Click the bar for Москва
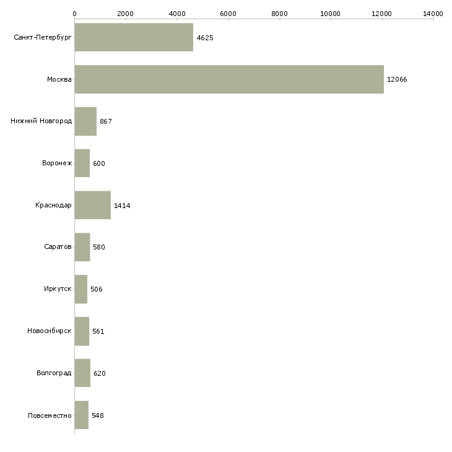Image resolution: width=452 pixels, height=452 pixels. click(229, 79)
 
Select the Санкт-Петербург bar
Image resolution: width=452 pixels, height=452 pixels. click(134, 37)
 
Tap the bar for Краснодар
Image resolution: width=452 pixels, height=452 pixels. click(92, 205)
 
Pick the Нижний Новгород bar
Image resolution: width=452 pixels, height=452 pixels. click(85, 121)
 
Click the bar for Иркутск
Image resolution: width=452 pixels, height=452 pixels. click(81, 289)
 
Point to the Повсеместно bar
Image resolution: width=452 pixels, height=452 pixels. click(82, 415)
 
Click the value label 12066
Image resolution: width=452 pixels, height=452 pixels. click(397, 79)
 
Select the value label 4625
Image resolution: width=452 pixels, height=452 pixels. click(205, 38)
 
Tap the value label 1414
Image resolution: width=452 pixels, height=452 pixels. click(122, 206)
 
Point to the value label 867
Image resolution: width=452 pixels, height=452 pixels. click(106, 121)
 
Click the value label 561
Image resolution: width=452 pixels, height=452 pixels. click(98, 331)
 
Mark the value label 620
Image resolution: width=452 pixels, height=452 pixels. click(100, 373)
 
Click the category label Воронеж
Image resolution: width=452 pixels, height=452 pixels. click(57, 163)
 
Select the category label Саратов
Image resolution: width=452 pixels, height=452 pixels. click(58, 247)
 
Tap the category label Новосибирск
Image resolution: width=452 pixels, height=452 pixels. click(50, 331)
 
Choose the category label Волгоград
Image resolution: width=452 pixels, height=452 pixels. click(54, 373)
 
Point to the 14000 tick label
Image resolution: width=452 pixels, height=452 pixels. click(433, 14)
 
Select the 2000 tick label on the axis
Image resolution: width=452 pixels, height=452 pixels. click(126, 14)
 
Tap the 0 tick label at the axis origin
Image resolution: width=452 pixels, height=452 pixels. click(75, 14)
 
